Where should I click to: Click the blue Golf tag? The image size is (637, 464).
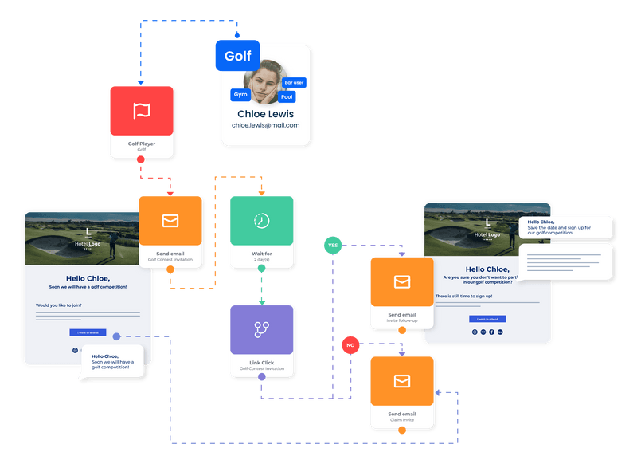[237, 56]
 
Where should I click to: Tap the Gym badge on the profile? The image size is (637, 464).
[240, 95]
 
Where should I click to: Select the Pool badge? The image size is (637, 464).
[287, 97]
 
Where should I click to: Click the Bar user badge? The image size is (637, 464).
[294, 83]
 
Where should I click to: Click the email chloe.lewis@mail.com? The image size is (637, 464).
[265, 125]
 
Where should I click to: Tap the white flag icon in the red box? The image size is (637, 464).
[142, 111]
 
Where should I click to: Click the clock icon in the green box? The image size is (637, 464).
[262, 220]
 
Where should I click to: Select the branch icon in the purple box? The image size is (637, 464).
[262, 329]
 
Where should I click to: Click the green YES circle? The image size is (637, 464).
[333, 246]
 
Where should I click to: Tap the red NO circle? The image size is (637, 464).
[350, 345]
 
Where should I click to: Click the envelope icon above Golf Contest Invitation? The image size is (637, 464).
[170, 221]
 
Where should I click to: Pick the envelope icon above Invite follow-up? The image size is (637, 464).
[402, 281]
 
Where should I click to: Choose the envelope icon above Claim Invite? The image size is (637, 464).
[402, 381]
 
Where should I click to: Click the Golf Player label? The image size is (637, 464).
[142, 144]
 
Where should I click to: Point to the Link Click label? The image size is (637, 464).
[262, 363]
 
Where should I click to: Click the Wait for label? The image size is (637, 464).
[262, 254]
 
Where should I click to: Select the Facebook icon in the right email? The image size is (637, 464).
[491, 332]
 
